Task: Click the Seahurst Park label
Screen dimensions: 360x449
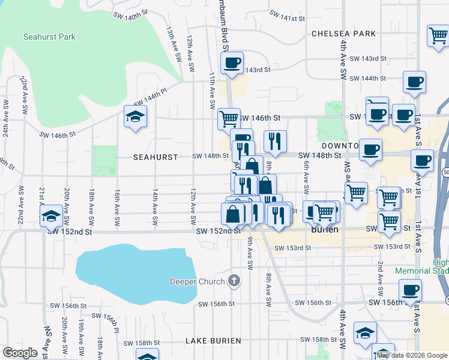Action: pos(49,37)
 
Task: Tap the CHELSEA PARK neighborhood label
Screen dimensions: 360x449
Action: pos(343,34)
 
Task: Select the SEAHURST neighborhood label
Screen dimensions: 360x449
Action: pos(155,157)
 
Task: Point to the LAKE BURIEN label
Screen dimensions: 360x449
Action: pos(213,341)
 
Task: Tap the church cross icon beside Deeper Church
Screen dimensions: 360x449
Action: pos(235,280)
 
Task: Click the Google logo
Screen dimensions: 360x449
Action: pos(20,353)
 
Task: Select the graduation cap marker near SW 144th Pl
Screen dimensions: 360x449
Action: pos(136,116)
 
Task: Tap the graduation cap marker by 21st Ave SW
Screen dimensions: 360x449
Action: pos(52,216)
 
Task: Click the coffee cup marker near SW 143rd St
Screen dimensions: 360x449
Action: pos(232,62)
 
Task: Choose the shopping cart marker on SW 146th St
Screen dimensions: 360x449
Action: pos(229,119)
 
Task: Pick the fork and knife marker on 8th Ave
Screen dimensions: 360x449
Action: pos(275,141)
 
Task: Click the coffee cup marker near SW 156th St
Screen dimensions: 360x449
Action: pos(411,290)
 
